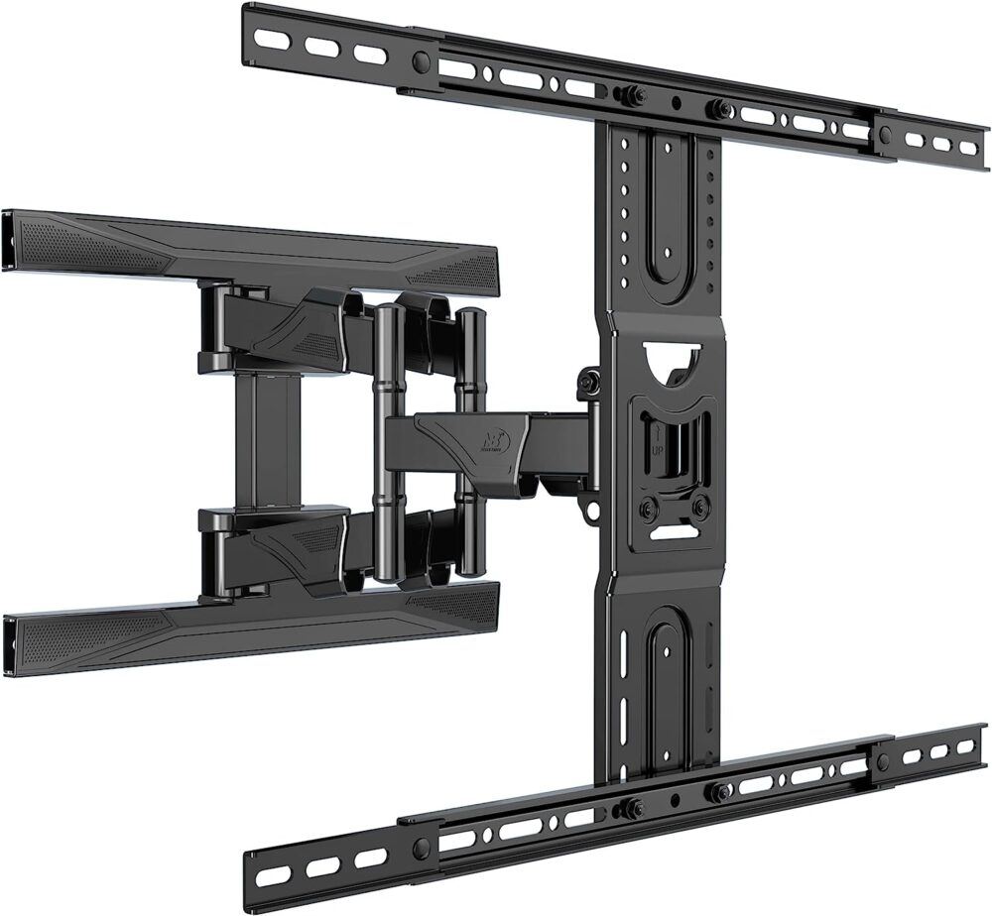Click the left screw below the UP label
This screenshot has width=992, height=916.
click(648, 509)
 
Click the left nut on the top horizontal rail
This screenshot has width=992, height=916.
click(626, 95)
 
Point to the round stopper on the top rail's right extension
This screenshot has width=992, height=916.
click(883, 131)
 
